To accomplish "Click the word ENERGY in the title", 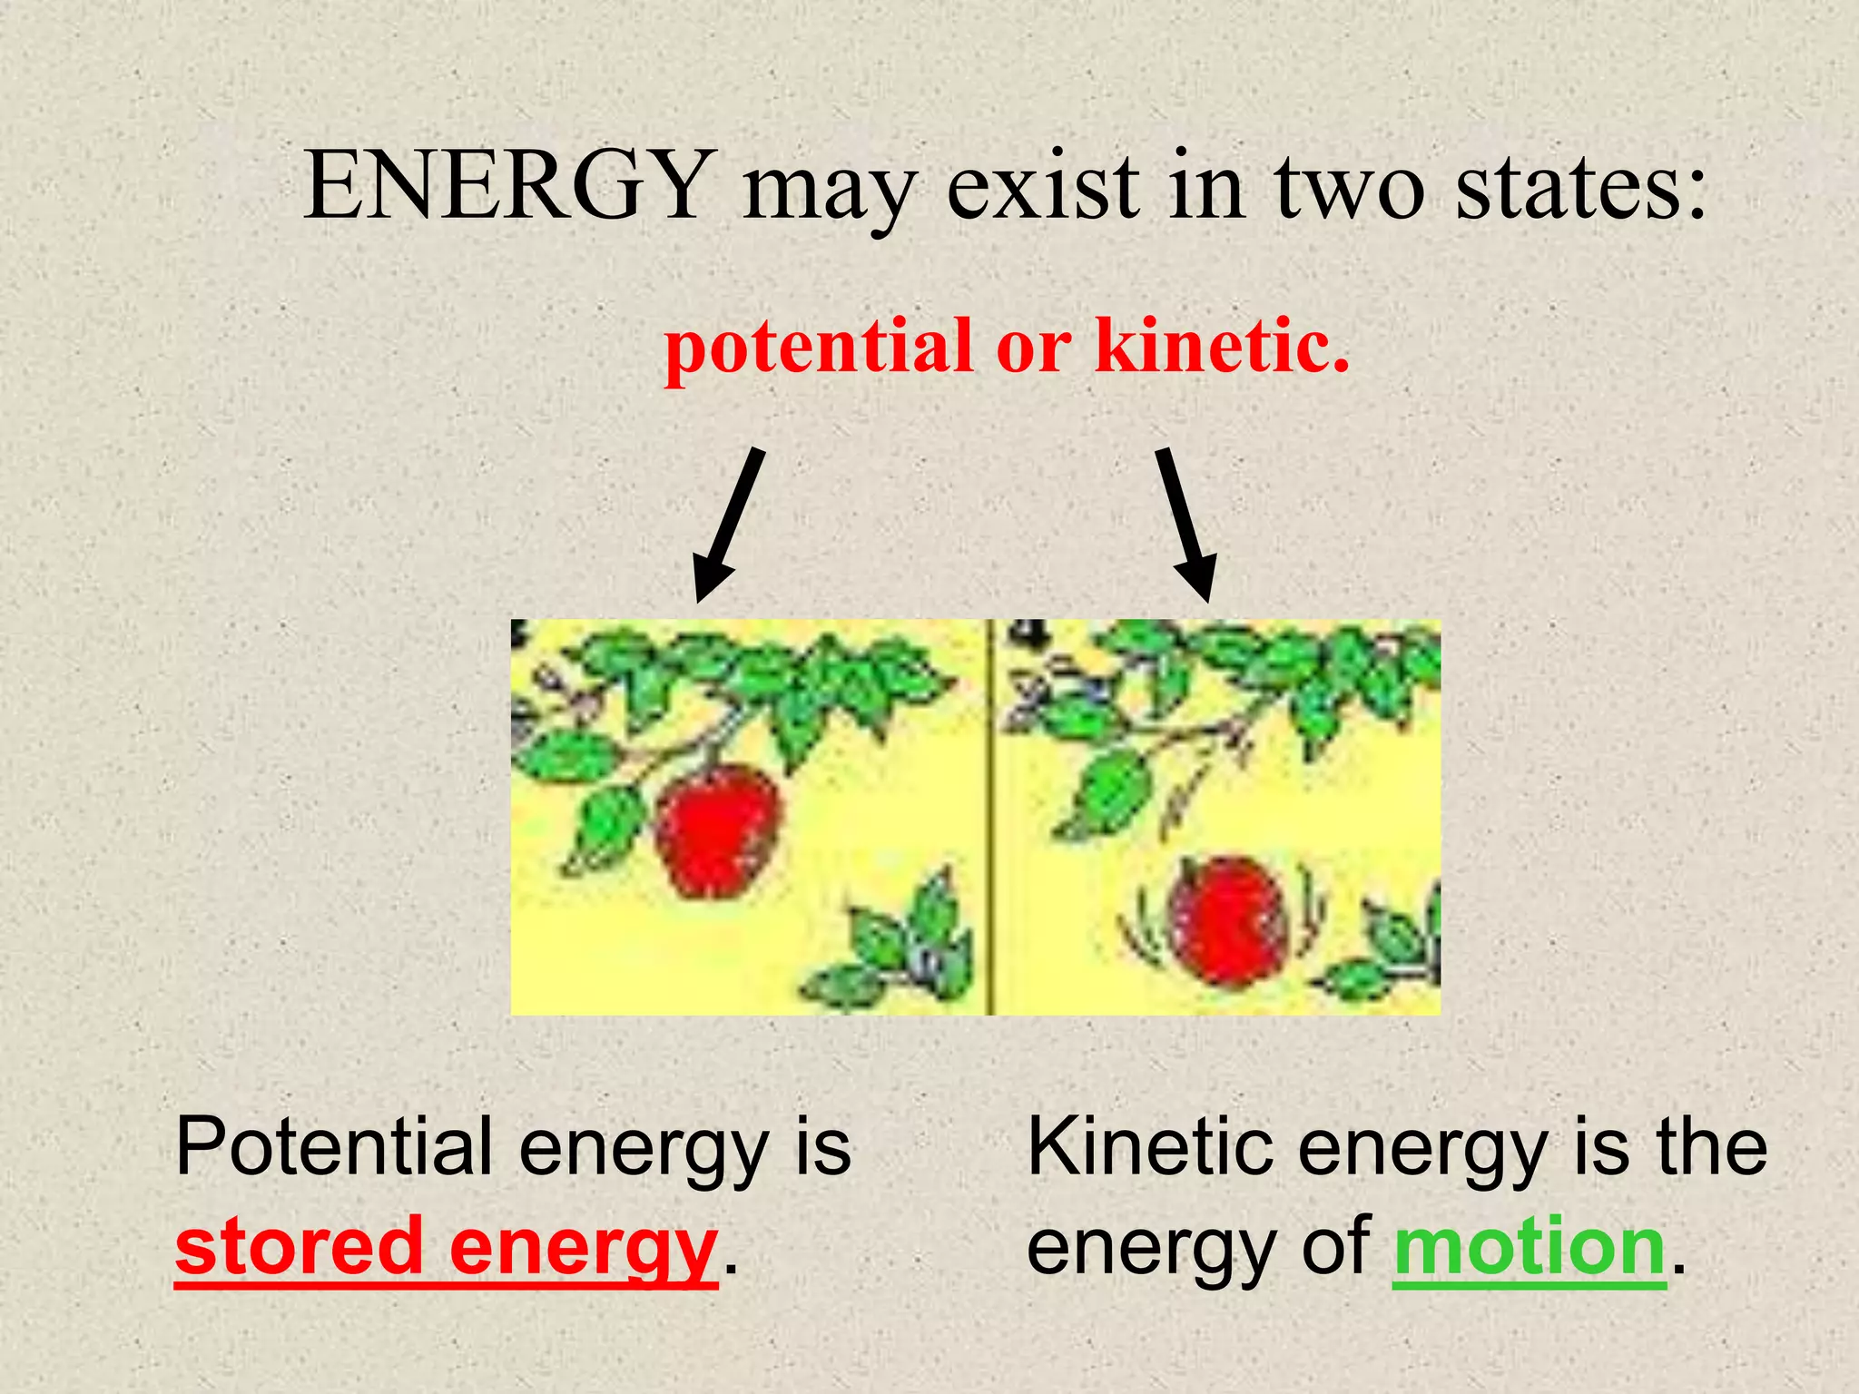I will click(505, 186).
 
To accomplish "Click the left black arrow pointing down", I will click(728, 525).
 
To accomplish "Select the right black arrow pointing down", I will click(1185, 525).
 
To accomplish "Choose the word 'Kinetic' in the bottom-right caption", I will click(1149, 1147).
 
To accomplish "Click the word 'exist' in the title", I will click(1044, 186).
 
